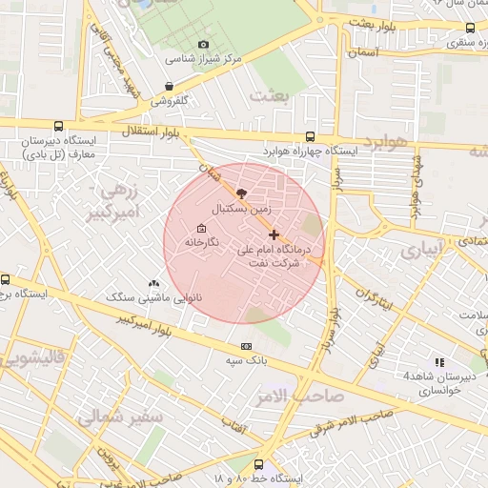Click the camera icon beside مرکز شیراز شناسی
202,45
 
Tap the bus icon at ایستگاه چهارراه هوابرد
310,136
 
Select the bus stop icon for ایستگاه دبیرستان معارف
59,126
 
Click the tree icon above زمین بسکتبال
240,193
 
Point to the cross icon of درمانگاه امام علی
274,234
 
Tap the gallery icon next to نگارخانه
201,229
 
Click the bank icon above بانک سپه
247,346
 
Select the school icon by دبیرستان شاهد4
439,362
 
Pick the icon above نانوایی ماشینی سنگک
154,283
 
